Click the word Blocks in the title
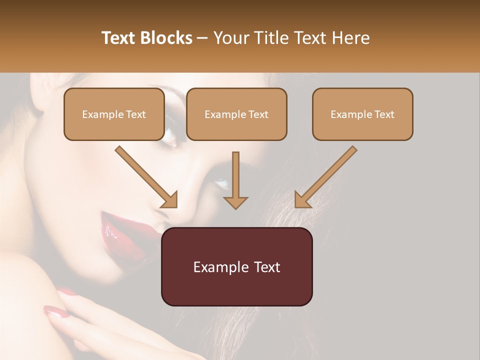click(x=167, y=38)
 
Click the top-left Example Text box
click(x=114, y=114)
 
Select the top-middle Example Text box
click(x=236, y=114)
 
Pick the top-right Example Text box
click(x=362, y=114)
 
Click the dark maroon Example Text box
click(x=236, y=266)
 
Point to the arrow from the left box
click(x=147, y=177)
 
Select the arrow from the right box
click(x=325, y=177)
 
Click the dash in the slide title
click(x=202, y=38)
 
